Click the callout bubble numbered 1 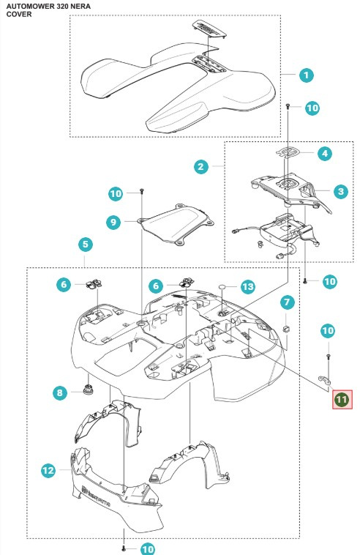point(307,75)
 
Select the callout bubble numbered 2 point(200,167)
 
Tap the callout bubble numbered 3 point(340,192)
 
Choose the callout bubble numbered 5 point(86,244)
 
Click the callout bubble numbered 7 point(288,302)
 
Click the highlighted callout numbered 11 point(342,399)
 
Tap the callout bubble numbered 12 point(48,472)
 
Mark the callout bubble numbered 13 point(248,286)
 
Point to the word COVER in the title point(19,14)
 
